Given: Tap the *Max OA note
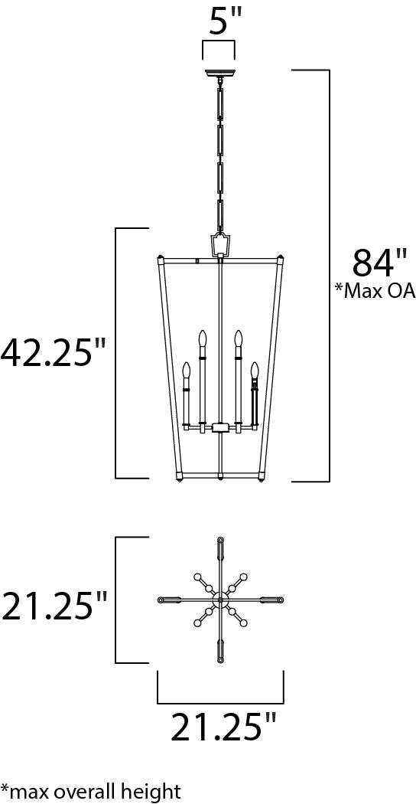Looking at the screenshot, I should pos(374,290).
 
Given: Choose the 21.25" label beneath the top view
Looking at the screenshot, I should pos(223,727).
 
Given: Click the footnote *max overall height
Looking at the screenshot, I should pos(91,790).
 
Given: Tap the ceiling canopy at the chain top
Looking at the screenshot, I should pos(219,74).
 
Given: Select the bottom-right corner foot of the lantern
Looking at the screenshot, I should pos(262,479).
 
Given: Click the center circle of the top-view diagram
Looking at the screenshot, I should pos(219,599).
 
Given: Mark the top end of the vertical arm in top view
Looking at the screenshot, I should pos(219,540).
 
